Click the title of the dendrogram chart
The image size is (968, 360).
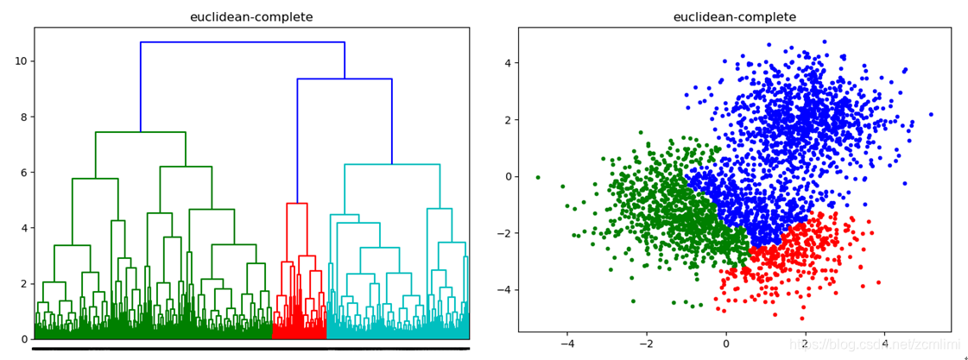tap(251, 17)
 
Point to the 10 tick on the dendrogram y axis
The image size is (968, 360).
tap(20, 61)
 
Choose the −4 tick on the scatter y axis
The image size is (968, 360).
tap(503, 290)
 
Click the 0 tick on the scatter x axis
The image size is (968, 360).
tap(725, 343)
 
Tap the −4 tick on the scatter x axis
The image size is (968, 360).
tap(566, 343)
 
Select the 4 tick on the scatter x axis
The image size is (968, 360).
tap(884, 343)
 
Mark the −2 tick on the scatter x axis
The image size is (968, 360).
tap(646, 343)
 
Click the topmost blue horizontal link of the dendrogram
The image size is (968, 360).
tap(243, 42)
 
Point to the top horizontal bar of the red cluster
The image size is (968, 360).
tap(297, 204)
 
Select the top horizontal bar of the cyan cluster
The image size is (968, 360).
tap(392, 164)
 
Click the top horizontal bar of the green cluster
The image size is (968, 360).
tap(141, 132)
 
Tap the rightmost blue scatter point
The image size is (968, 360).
tap(931, 114)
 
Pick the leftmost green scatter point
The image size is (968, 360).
tap(537, 177)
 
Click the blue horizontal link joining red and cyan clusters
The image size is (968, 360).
tap(345, 79)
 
